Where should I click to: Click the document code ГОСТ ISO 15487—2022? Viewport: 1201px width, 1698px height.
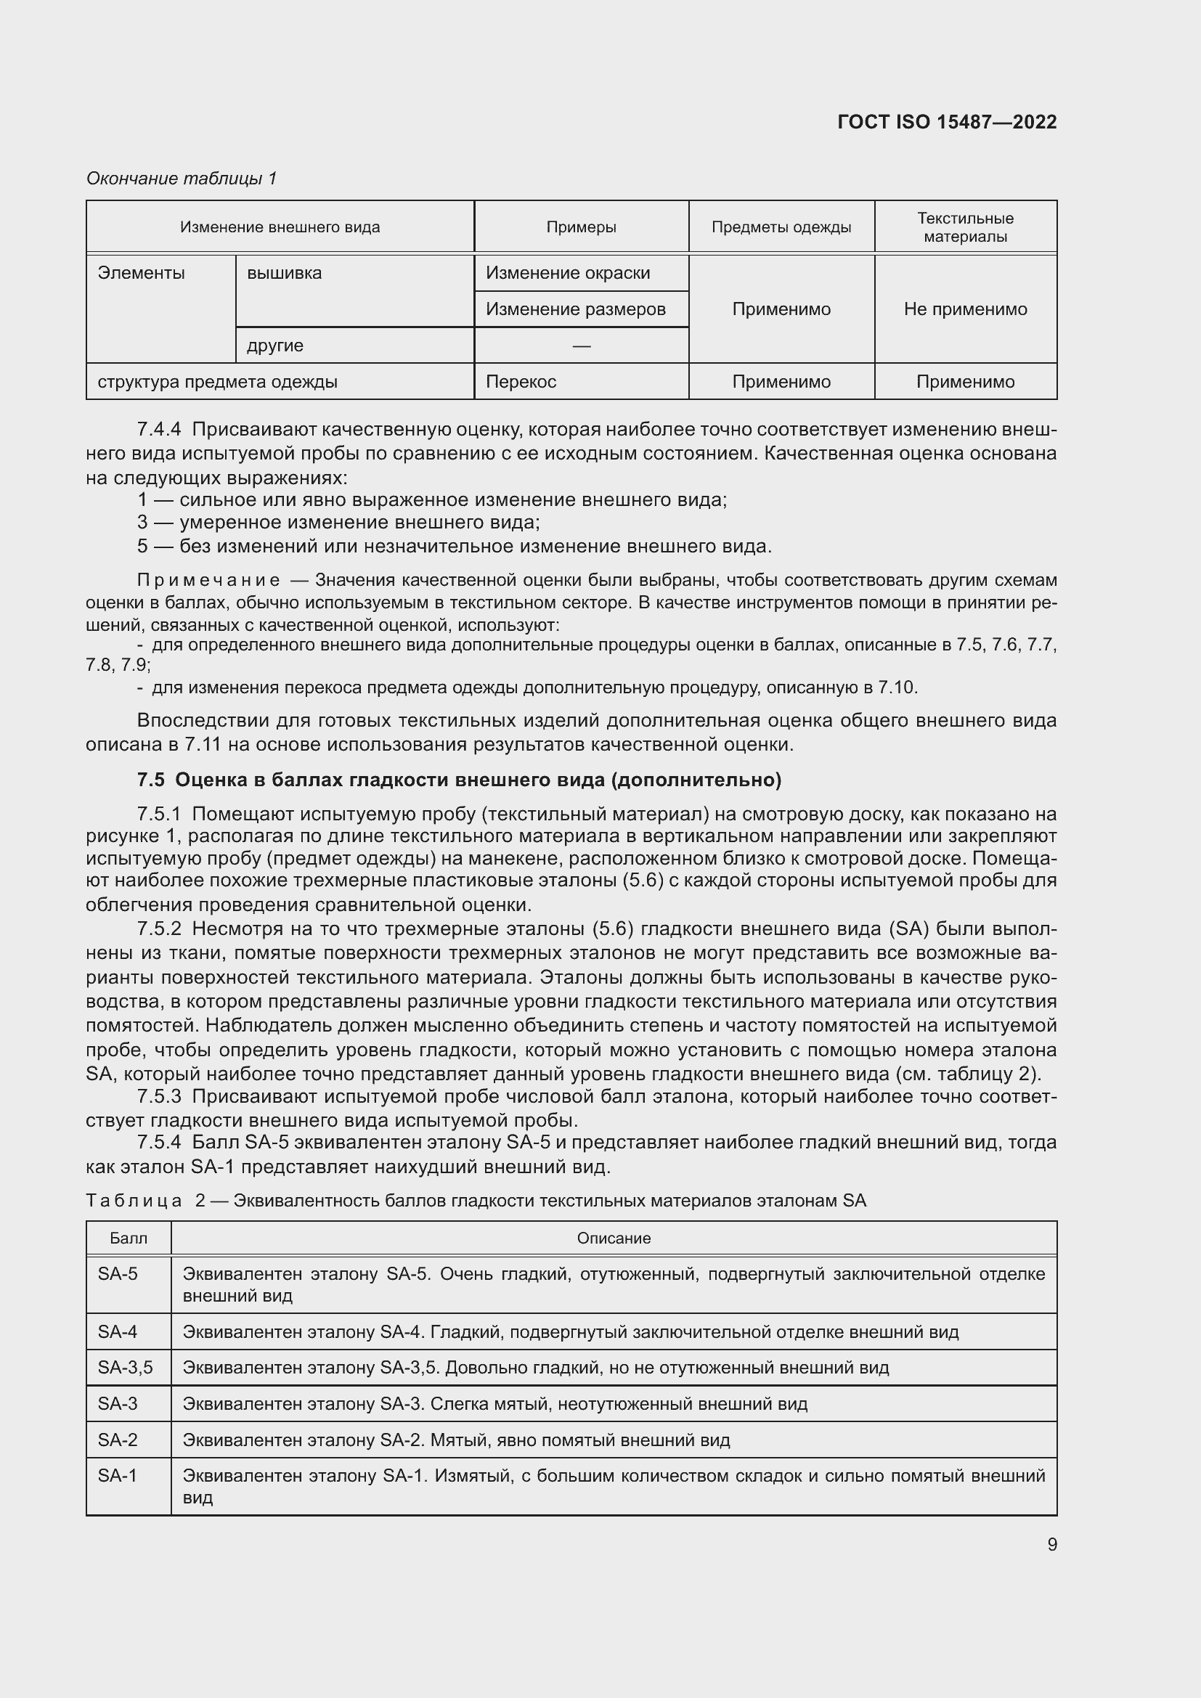click(947, 122)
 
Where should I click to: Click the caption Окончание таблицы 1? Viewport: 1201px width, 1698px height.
click(182, 179)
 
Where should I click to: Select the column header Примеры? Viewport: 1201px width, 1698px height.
click(582, 227)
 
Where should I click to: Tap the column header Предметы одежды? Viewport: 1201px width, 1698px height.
click(781, 227)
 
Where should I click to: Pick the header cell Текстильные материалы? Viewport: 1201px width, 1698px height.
click(965, 227)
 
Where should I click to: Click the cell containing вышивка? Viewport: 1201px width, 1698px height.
click(285, 273)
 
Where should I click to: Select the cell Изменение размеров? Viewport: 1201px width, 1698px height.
click(575, 309)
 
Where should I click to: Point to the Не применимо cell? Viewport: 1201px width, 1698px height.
click(965, 309)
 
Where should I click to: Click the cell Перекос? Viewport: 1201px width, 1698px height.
click(521, 382)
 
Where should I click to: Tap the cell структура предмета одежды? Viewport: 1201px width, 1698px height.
click(217, 382)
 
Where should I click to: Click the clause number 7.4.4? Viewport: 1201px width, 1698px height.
click(159, 429)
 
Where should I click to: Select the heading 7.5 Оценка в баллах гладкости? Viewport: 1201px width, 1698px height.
click(458, 780)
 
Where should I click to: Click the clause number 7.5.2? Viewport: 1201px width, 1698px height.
click(159, 928)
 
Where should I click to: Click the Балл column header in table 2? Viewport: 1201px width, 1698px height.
click(129, 1238)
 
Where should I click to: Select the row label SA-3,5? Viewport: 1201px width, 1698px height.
click(125, 1368)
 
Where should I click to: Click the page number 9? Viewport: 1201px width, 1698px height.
click(1051, 1544)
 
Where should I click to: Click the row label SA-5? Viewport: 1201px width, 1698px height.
click(118, 1273)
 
